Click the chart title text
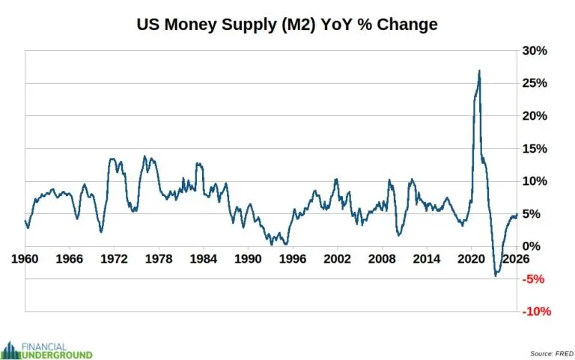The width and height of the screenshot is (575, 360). pos(287,25)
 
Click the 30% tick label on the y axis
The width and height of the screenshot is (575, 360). pos(536,51)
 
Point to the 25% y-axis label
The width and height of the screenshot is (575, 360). pos(536,83)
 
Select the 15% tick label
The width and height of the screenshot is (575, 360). pos(536,148)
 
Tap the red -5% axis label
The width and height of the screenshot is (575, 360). pos(538,279)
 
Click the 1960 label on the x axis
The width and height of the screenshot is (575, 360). pos(25,259)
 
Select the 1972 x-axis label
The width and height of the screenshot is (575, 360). pos(114,259)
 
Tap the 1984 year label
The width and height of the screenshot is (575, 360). pos(203,259)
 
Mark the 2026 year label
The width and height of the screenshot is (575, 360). pos(514,259)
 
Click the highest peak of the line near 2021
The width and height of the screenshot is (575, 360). pos(479,71)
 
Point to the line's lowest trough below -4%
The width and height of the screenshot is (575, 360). pos(496,275)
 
